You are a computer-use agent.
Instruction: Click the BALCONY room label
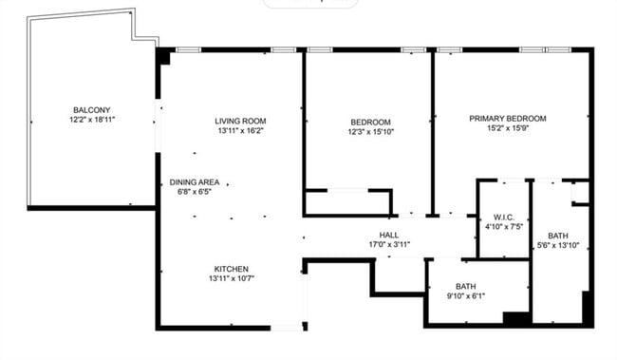(92, 109)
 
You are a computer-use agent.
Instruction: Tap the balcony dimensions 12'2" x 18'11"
(92, 120)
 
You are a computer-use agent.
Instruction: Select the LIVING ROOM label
(240, 121)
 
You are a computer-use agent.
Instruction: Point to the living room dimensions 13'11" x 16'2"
(240, 131)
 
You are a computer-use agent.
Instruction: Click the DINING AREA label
(195, 181)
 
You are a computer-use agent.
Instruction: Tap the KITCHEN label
(232, 268)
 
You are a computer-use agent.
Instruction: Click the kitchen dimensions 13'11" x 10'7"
(232, 278)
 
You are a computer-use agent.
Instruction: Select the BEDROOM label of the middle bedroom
(370, 122)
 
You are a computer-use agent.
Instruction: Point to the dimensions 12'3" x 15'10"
(370, 132)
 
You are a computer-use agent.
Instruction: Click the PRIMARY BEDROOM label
(508, 119)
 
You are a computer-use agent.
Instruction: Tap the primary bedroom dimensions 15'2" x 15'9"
(508, 128)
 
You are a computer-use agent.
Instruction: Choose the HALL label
(389, 234)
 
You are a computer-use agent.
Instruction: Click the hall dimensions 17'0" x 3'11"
(389, 244)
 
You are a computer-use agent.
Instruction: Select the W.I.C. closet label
(503, 217)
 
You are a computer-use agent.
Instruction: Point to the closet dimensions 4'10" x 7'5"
(503, 227)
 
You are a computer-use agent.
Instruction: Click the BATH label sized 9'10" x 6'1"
(465, 286)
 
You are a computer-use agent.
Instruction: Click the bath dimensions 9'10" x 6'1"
(465, 296)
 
